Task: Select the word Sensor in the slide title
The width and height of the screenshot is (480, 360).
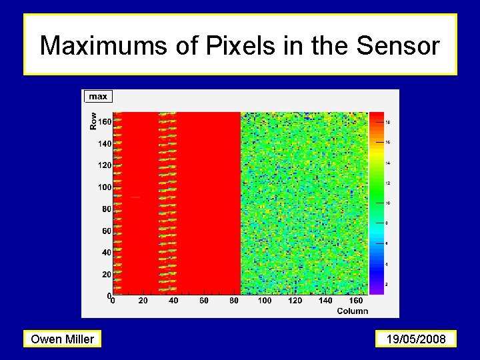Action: [398, 46]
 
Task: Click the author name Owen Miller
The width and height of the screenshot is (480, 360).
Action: [63, 339]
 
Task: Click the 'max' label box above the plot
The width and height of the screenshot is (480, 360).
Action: [98, 97]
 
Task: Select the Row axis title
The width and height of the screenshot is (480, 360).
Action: [93, 120]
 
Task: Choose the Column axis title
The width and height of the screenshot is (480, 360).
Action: [352, 311]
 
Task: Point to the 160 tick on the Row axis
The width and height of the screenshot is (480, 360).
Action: [104, 122]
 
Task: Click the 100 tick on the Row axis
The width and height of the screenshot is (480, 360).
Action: [104, 187]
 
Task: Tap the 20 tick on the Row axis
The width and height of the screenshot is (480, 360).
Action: [105, 275]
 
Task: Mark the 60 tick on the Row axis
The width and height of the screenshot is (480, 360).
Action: [105, 231]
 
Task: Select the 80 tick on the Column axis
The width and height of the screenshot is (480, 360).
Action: [234, 301]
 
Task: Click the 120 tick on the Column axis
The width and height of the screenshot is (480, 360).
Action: [295, 301]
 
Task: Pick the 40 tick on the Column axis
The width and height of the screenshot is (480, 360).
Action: [173, 301]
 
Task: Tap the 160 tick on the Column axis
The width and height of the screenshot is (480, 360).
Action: [356, 301]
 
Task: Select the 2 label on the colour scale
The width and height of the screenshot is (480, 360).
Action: [387, 285]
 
